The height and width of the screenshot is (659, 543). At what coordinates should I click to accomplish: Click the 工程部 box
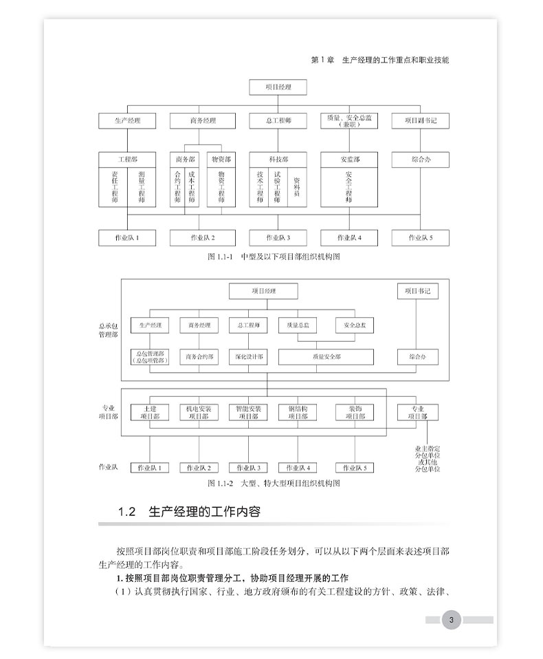[128, 160]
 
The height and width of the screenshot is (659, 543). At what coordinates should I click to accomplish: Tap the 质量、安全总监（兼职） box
[349, 120]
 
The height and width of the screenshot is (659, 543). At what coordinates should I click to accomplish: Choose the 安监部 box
[349, 160]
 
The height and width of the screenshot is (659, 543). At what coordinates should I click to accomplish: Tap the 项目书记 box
[418, 291]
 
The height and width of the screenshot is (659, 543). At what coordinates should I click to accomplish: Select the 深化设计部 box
[247, 357]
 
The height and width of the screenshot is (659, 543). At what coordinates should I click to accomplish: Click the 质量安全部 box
[326, 357]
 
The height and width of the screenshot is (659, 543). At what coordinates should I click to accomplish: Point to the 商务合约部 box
[199, 357]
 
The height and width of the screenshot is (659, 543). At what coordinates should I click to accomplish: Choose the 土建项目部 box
[150, 412]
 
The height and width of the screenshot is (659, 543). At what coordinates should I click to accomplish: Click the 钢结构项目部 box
[298, 412]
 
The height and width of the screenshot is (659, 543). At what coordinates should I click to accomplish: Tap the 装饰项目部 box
[355, 412]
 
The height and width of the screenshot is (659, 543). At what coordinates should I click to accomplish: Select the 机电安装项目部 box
[199, 412]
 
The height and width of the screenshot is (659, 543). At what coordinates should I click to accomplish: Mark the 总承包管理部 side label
[108, 329]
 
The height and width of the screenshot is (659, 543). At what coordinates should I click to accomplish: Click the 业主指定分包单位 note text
[426, 458]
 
